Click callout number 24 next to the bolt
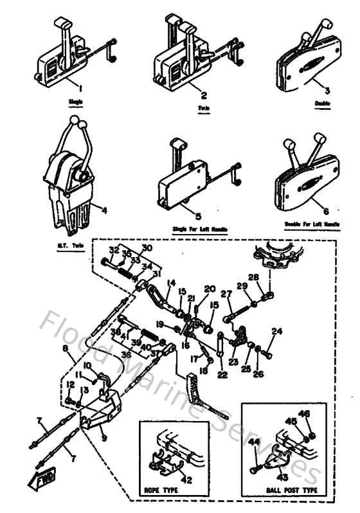pyautogui.click(x=277, y=332)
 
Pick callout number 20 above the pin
pyautogui.click(x=210, y=289)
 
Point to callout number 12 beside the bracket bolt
pyautogui.click(x=69, y=384)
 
